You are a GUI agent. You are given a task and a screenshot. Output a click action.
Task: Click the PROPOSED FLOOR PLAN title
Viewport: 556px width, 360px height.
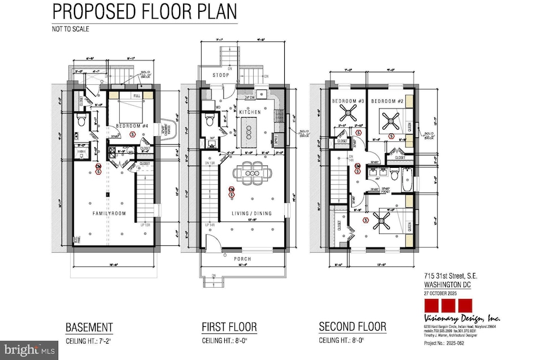tap(145, 12)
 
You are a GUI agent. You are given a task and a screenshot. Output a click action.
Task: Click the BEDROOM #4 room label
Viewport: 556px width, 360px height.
tap(131, 125)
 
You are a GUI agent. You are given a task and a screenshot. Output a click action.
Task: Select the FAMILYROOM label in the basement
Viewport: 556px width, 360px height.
tap(110, 213)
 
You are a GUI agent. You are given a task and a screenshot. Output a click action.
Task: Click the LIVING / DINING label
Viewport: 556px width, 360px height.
tap(251, 213)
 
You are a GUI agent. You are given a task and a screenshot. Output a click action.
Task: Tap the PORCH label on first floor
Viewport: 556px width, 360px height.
tap(243, 259)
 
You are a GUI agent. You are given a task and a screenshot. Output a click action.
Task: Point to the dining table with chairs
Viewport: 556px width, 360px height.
tap(249, 173)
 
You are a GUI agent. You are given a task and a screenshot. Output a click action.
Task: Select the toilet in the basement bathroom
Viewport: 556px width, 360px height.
tap(80, 120)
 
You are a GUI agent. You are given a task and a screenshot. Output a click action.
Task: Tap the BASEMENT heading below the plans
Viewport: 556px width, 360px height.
tap(89, 327)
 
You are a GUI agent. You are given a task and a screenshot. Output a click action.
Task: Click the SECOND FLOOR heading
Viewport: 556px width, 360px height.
tap(353, 327)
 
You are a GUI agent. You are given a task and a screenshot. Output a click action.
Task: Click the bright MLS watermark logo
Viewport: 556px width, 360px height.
tap(29, 350)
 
